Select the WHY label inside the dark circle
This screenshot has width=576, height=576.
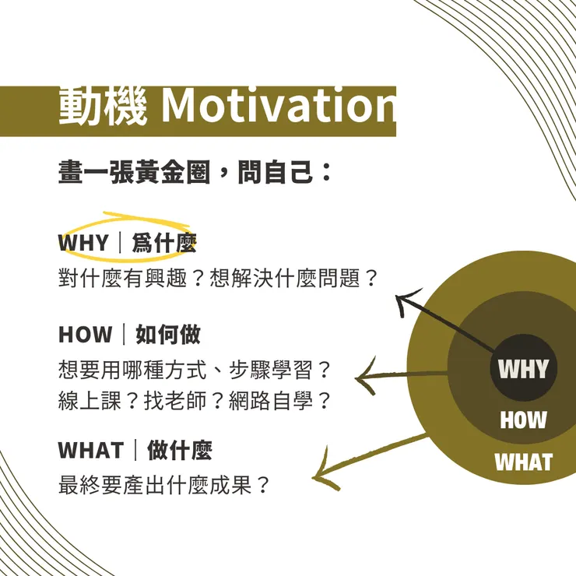click(x=523, y=368)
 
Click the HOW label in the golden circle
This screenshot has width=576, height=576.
click(x=523, y=421)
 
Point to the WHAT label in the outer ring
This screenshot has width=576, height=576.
click(x=523, y=462)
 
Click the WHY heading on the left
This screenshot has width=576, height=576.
click(x=83, y=244)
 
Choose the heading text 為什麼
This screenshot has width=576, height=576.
click(x=163, y=244)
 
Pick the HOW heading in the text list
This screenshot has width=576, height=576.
click(x=86, y=335)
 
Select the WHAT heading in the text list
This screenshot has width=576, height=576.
click(x=91, y=450)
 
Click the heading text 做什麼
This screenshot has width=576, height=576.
click(x=179, y=450)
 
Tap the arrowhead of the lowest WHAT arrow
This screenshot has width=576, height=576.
click(x=319, y=476)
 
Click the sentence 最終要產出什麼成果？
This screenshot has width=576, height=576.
click(x=164, y=485)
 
